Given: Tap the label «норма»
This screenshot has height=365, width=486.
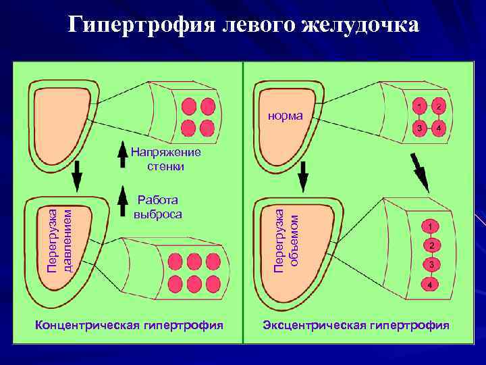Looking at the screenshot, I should [284, 116].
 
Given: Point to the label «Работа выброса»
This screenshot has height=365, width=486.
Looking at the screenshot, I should [157, 206].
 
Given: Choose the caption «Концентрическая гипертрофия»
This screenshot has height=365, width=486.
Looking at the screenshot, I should [128, 325].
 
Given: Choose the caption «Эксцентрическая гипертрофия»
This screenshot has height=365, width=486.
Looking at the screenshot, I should [356, 325].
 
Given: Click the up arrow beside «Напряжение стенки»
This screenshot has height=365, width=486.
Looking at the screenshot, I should [122, 154].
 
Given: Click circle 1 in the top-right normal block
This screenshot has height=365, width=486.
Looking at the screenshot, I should [419, 107].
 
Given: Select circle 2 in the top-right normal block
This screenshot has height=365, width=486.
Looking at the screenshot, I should [438, 107].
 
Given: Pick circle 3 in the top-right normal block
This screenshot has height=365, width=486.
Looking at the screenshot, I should [419, 128].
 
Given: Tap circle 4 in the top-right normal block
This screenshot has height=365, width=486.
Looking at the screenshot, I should [438, 128].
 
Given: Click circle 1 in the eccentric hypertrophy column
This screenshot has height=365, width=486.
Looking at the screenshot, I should [431, 226].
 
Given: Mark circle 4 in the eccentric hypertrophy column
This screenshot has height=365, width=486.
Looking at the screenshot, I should [431, 285].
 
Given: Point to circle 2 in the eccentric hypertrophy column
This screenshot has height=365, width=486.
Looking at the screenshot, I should [431, 245].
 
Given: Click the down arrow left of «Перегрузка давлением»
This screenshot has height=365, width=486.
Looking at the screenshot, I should [76, 174].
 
